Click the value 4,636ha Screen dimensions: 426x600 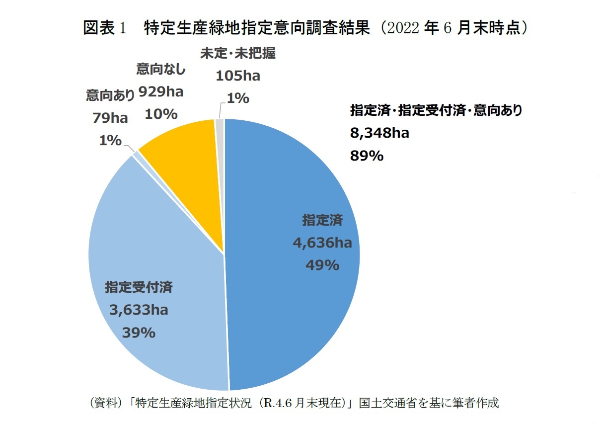point(322,243)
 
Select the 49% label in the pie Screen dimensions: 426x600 point(322,265)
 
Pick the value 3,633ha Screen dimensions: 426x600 point(139,310)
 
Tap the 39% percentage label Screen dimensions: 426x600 point(139,333)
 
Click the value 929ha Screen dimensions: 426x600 point(161,91)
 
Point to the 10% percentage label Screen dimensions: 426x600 point(161,114)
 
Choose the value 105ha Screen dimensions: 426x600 point(238,76)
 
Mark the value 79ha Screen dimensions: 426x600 point(110,118)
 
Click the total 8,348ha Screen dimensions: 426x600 point(379,133)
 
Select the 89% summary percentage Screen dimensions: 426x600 point(367,156)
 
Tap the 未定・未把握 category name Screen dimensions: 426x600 point(238,54)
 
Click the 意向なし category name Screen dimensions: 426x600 point(161,70)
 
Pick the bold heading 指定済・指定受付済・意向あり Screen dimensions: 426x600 point(436,110)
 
